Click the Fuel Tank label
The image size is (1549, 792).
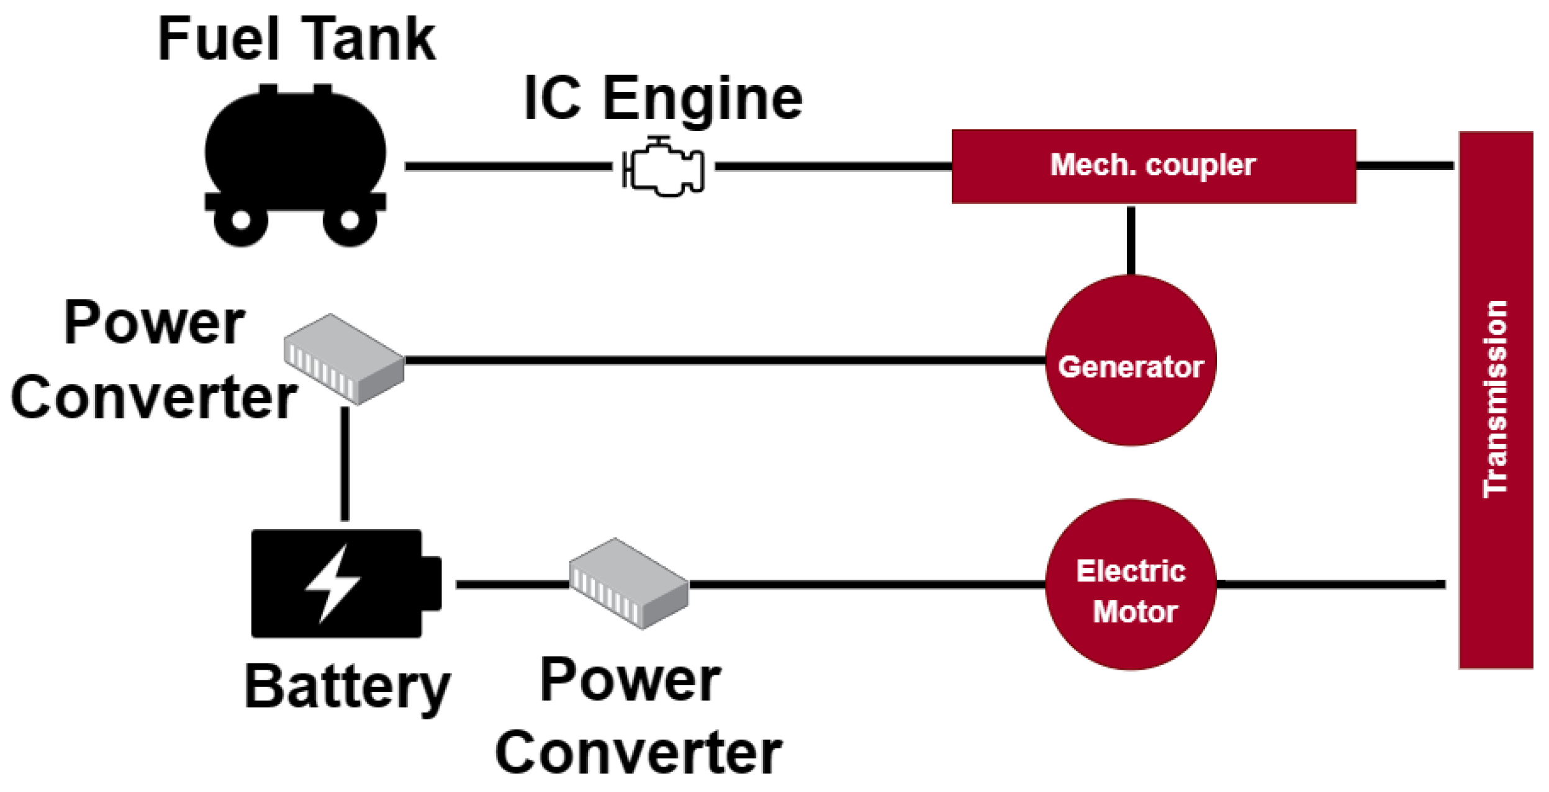[297, 39]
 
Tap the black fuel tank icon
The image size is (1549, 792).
[296, 165]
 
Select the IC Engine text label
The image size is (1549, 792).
[663, 99]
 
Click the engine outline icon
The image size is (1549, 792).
[663, 166]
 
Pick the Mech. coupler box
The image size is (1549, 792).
[1154, 166]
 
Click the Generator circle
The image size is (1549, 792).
[1131, 360]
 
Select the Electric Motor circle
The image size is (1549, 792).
[1131, 584]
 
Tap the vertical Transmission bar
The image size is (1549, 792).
[1496, 400]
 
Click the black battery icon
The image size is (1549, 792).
[346, 583]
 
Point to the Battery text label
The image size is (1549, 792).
[348, 688]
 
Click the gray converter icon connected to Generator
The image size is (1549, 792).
[344, 359]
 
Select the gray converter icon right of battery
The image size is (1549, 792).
[629, 583]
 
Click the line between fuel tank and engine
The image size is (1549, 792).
[508, 166]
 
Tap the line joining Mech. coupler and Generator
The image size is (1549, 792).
[1131, 240]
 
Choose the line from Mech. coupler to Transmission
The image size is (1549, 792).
[1405, 166]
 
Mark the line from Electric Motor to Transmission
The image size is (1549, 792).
[1330, 584]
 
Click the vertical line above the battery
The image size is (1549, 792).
[345, 464]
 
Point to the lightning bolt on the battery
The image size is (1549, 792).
[333, 583]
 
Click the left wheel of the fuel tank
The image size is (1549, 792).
[241, 220]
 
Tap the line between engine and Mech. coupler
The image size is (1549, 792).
[833, 166]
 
